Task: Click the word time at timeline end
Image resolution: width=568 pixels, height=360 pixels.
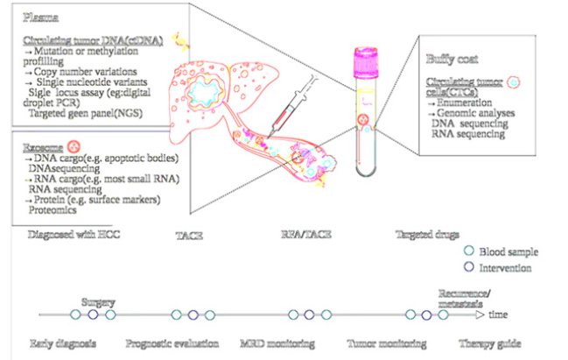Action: coord(499,314)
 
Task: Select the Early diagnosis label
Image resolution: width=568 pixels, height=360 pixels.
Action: coord(62,342)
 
